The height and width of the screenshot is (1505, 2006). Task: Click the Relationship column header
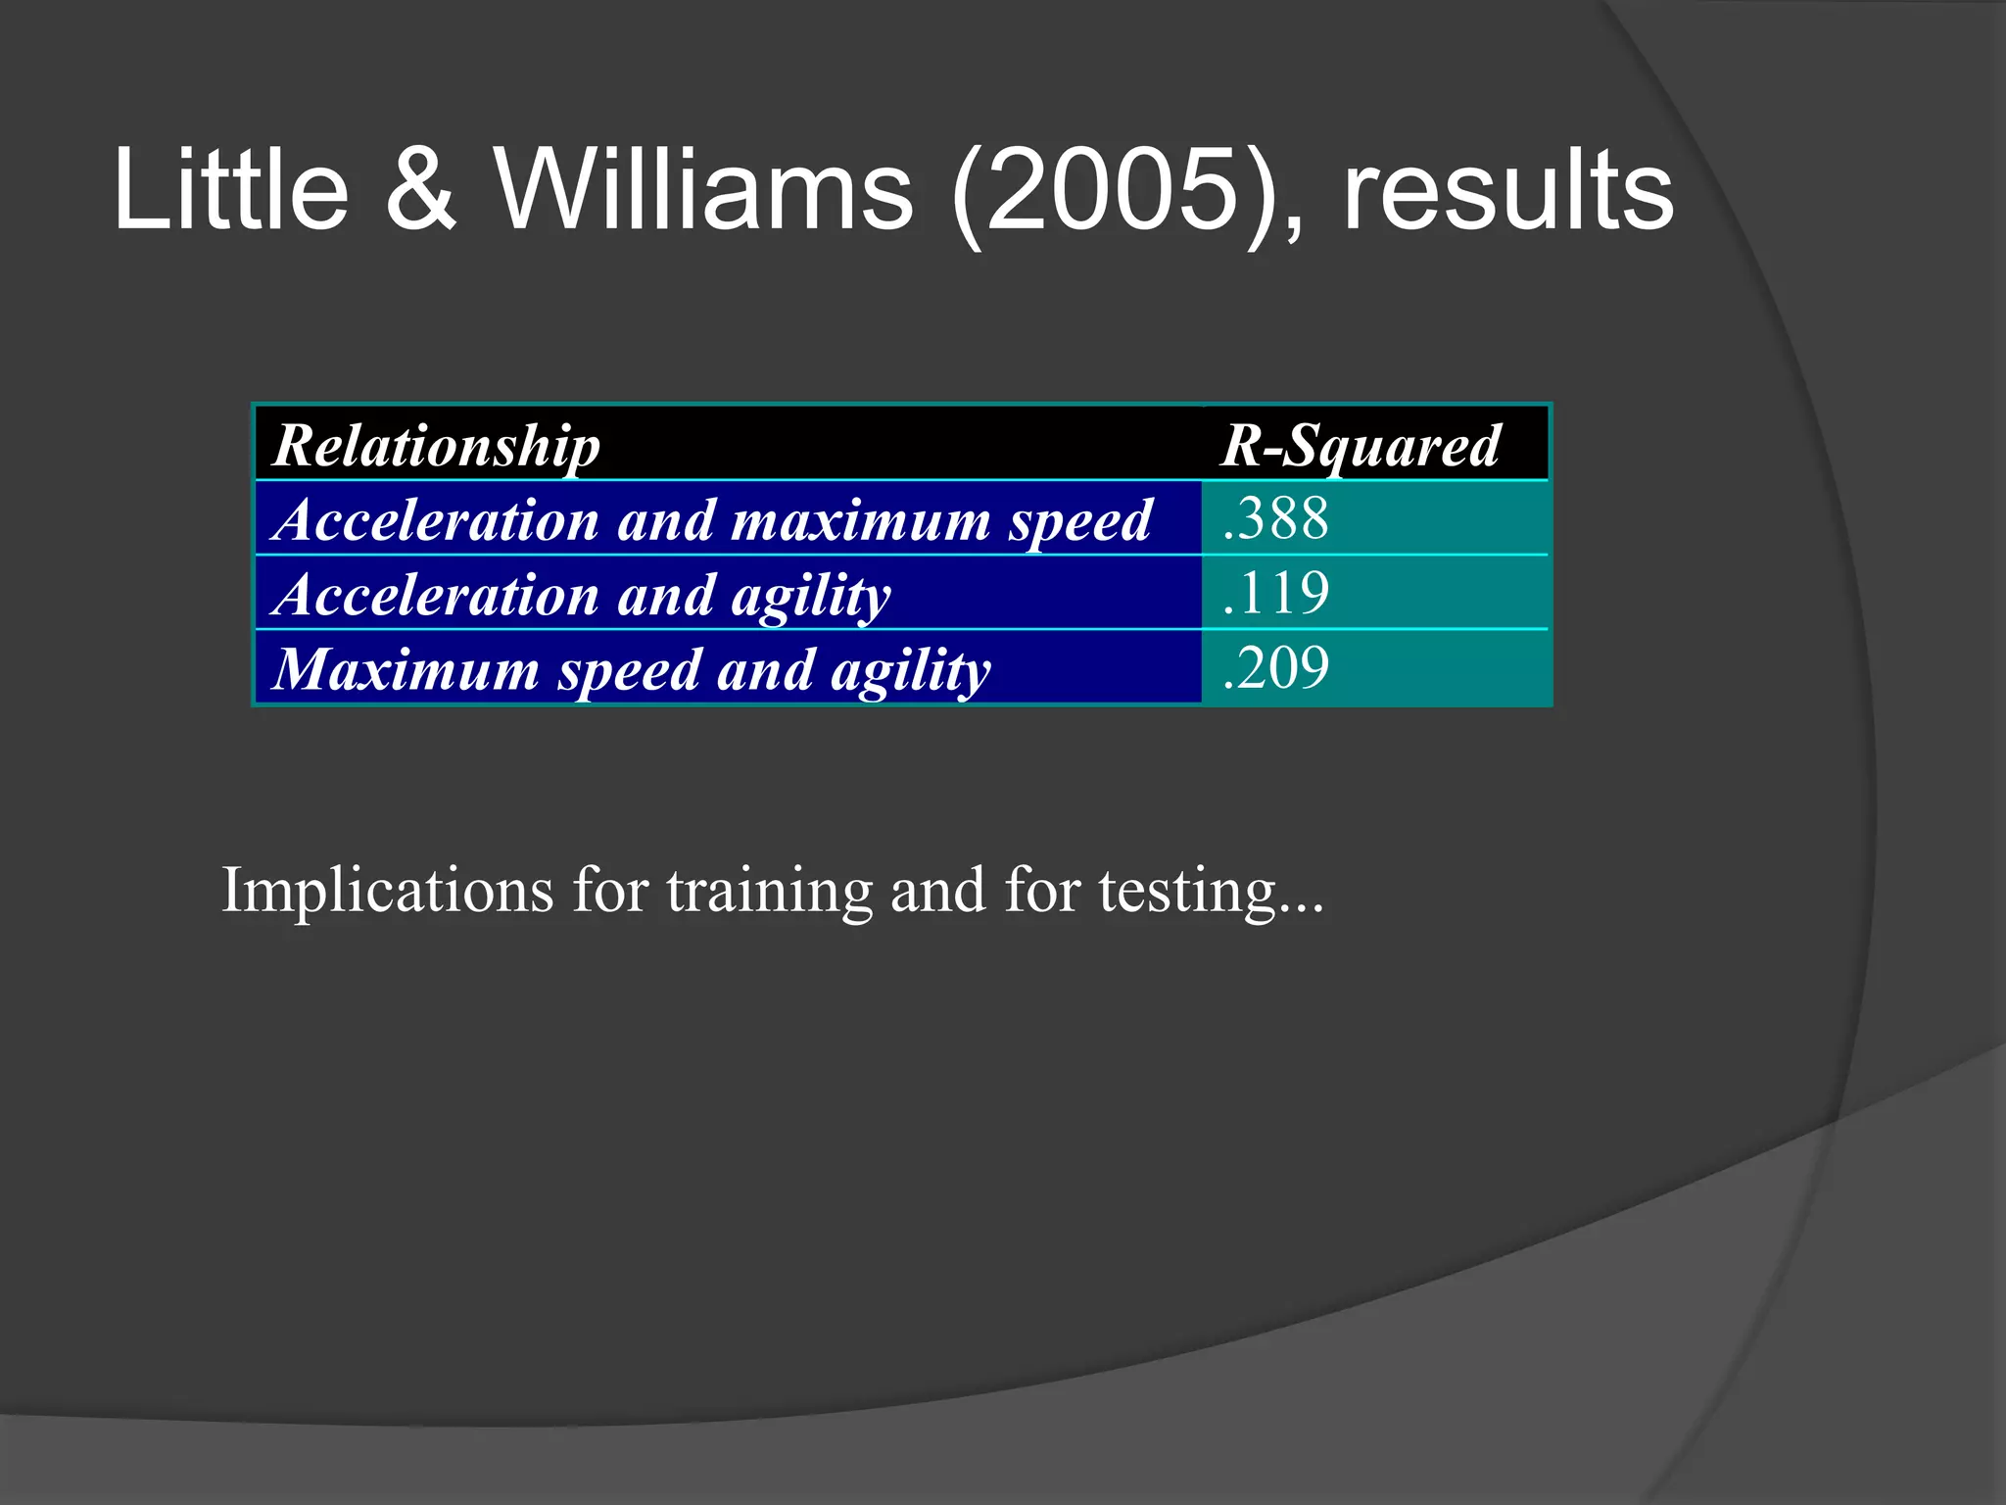(x=436, y=446)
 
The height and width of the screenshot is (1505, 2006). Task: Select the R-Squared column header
(x=1360, y=446)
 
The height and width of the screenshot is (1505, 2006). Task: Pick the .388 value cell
(x=1276, y=518)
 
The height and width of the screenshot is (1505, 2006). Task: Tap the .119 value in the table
(x=1276, y=594)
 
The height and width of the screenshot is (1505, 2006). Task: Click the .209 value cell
(x=1276, y=668)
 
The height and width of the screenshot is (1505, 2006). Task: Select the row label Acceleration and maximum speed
(x=713, y=520)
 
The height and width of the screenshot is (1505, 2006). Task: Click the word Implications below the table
(x=388, y=891)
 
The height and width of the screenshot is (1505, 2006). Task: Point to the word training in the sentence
(x=769, y=891)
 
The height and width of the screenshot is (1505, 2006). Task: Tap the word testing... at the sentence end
(x=1211, y=891)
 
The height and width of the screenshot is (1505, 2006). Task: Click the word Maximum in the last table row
(x=405, y=670)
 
